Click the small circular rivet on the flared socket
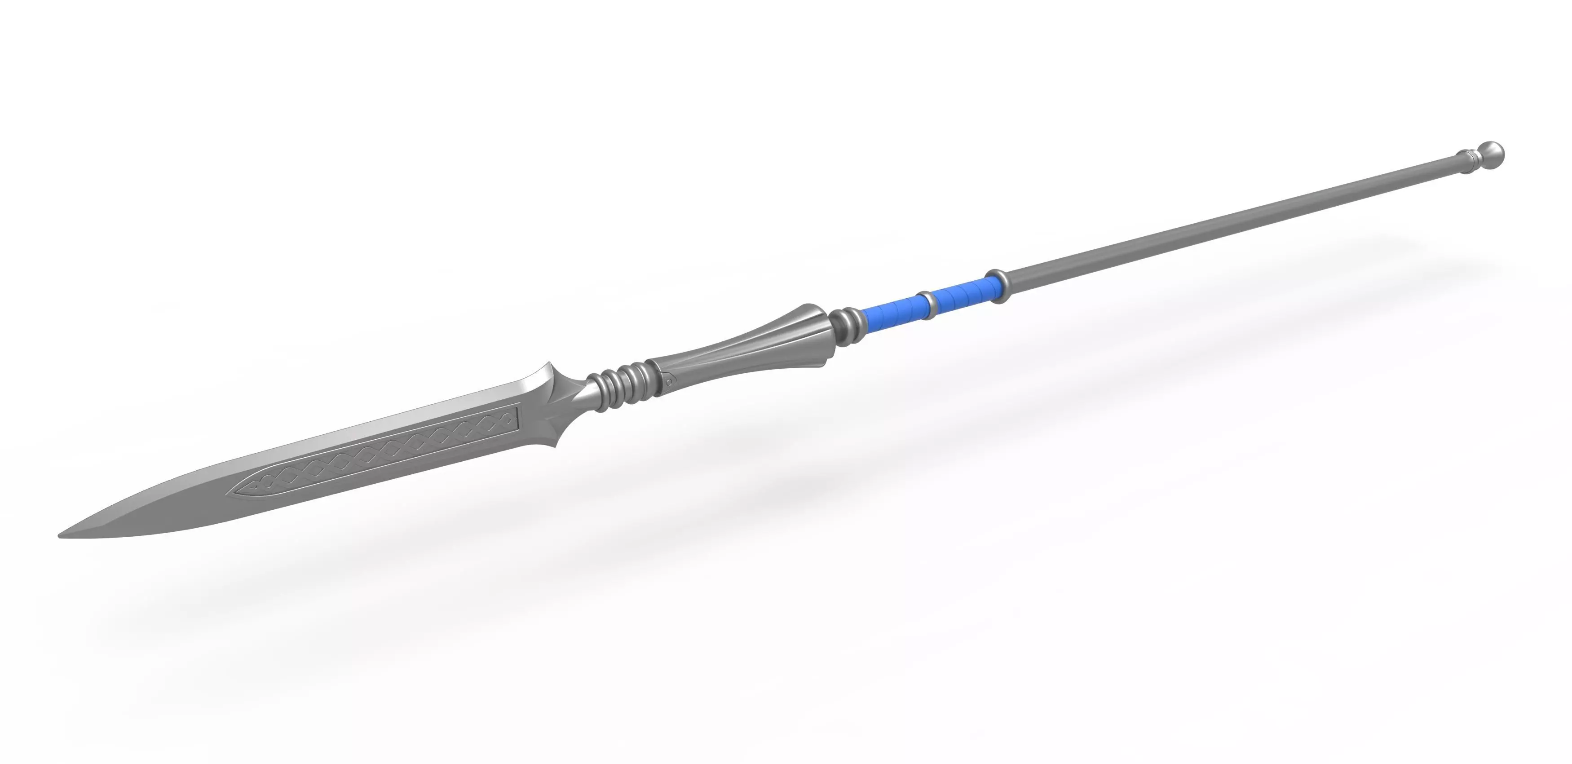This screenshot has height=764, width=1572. click(669, 381)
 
